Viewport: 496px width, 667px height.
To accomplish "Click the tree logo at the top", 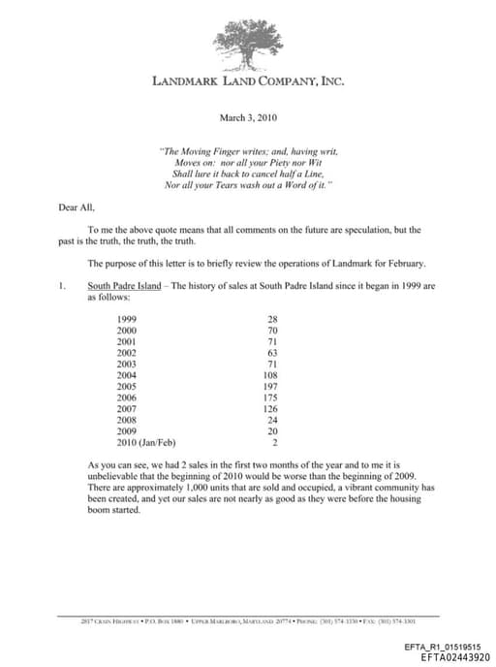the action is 248,42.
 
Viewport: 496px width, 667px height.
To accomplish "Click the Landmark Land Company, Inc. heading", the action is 248,80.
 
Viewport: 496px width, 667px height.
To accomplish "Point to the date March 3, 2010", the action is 248,117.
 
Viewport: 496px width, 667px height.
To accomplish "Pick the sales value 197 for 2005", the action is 270,385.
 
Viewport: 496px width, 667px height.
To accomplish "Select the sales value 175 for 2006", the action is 270,397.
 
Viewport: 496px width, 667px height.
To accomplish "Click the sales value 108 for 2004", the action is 270,374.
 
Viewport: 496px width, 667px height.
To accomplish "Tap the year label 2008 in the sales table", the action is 127,419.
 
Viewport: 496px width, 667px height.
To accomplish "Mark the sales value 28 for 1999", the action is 272,319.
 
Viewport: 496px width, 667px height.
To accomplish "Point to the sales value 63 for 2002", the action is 272,352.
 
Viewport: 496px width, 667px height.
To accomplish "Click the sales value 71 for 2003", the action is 272,364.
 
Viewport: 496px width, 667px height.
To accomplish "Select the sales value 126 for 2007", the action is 270,407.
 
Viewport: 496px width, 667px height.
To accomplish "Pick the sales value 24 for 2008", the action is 272,419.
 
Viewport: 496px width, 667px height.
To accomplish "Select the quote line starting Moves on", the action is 248,162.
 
